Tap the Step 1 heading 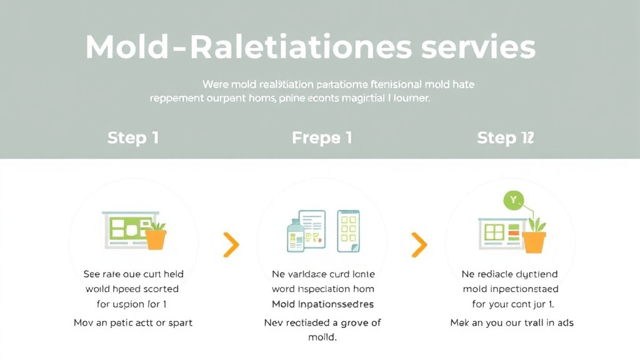point(132,137)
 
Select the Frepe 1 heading point(321,137)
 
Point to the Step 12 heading point(506,137)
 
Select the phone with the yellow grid point(349,231)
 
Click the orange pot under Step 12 point(534,240)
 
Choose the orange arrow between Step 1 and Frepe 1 point(231,245)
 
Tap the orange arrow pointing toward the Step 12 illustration point(419,245)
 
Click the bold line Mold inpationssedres point(322,304)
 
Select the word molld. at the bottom point(322,337)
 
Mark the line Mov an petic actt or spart point(133,322)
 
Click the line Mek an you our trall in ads point(512,322)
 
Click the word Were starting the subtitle point(215,83)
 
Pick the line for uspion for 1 point(131,304)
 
